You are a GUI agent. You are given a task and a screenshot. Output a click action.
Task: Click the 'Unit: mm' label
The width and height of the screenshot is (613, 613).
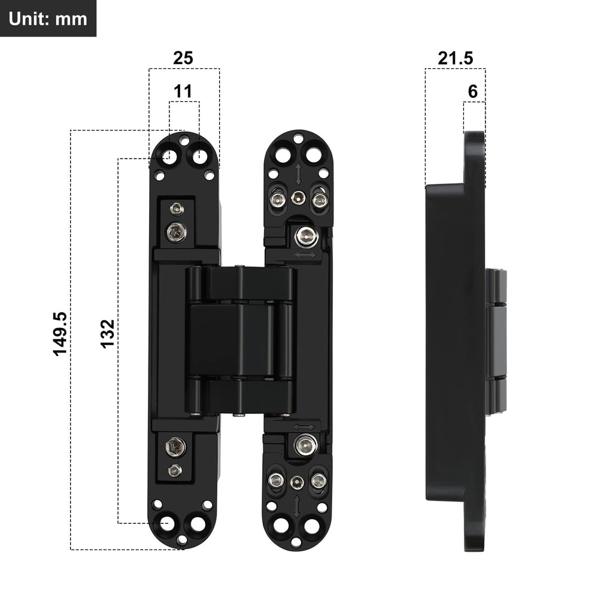(x=48, y=19)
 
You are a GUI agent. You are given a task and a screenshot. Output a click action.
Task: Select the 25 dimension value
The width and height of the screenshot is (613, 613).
(x=183, y=58)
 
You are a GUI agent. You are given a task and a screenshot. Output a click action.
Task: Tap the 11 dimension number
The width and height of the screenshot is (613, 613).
(x=183, y=92)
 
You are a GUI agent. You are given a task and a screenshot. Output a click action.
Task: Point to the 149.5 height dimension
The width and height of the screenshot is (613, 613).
(x=61, y=333)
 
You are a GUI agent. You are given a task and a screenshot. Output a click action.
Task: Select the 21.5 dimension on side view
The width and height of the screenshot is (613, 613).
(x=455, y=58)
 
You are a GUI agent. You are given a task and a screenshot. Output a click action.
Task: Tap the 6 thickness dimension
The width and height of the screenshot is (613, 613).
(x=473, y=92)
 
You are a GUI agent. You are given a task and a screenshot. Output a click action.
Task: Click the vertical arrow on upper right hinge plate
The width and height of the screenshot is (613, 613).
(x=298, y=174)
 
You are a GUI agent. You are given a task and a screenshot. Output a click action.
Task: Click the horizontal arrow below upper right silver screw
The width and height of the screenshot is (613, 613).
(x=305, y=255)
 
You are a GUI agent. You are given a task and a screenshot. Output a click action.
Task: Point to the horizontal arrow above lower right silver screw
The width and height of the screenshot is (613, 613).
(x=305, y=426)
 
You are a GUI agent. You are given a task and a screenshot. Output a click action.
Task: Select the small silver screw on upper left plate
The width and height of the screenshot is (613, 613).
(x=175, y=209)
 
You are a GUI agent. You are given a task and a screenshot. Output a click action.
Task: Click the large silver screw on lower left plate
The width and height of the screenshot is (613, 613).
(x=176, y=446)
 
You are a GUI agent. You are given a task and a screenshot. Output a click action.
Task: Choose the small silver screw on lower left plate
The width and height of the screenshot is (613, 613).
(x=175, y=470)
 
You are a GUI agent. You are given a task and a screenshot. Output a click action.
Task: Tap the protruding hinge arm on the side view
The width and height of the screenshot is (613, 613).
(x=496, y=341)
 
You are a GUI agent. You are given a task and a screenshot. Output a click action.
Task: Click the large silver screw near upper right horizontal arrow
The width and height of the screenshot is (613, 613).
(x=305, y=236)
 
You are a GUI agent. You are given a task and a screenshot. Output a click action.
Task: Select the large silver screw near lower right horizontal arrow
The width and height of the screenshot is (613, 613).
(x=305, y=444)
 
